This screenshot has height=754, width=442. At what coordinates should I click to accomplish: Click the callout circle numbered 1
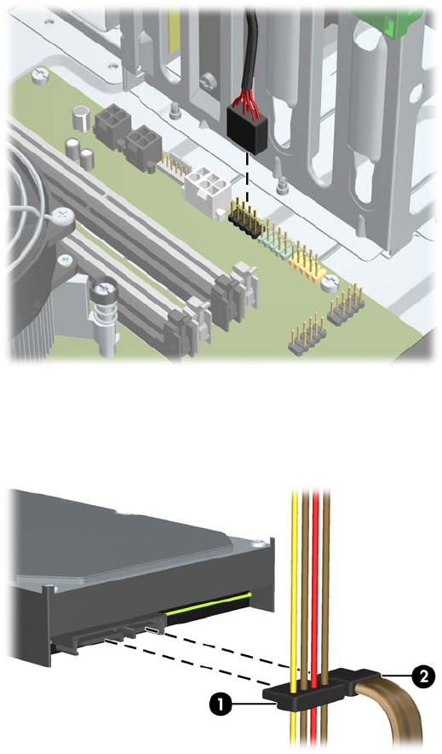click(x=221, y=705)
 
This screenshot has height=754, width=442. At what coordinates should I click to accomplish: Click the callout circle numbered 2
click(x=422, y=676)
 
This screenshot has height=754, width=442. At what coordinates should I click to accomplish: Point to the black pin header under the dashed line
click(x=245, y=220)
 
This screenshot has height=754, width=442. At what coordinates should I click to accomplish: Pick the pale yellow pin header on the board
click(x=305, y=259)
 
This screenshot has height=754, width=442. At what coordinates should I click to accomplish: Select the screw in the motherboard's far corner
click(x=40, y=76)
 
